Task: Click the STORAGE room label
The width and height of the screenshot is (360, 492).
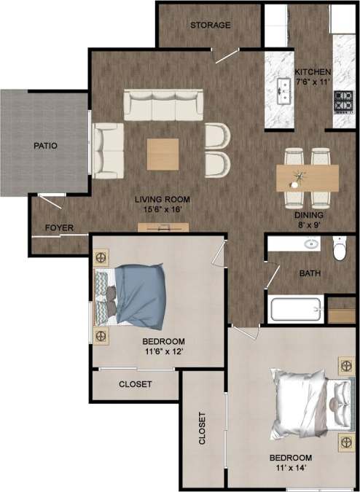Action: coord(211,25)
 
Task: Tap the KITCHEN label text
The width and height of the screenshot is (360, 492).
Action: coord(313,72)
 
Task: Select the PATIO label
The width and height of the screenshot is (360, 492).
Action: coord(45,146)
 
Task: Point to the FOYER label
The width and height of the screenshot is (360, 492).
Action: coord(59,228)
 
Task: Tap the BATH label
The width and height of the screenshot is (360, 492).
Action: coord(311,274)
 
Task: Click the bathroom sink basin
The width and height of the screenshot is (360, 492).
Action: coord(312,244)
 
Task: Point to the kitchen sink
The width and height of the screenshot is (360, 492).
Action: coord(283,89)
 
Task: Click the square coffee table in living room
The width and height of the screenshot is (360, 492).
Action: coord(163,154)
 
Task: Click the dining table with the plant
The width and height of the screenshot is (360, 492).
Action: coord(308,177)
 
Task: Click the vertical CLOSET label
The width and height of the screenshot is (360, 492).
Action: coord(202,430)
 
